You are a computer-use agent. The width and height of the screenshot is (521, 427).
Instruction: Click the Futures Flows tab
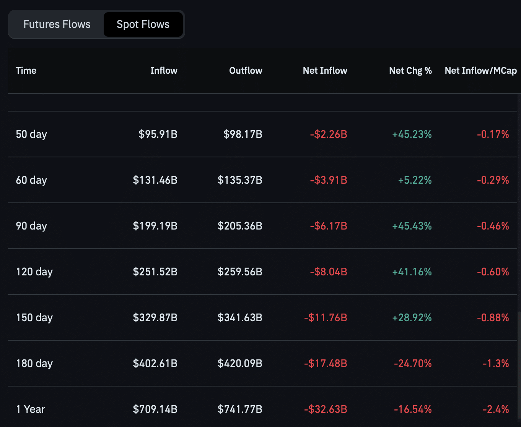click(57, 24)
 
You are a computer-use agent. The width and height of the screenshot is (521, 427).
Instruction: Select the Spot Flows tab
click(143, 24)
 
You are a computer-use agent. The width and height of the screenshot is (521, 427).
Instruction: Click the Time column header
click(26, 71)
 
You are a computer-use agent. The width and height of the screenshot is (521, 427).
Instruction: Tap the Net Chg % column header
click(410, 71)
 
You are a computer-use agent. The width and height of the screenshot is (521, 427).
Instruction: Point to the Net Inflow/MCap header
click(480, 71)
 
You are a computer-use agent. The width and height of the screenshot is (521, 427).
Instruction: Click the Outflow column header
click(246, 71)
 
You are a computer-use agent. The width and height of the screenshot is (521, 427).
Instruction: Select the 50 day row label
click(31, 134)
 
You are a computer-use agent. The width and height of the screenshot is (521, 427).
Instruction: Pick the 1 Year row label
click(31, 409)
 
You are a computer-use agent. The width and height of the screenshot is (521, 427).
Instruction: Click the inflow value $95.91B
click(158, 134)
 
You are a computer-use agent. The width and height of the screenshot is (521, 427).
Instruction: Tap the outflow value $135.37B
click(240, 180)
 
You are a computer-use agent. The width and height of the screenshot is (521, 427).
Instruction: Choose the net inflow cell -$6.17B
click(329, 226)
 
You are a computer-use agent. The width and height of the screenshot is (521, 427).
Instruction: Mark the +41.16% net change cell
click(412, 272)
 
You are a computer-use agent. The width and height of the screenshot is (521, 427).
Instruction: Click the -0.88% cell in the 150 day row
click(493, 318)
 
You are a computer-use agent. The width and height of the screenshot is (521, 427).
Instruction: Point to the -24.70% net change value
click(413, 364)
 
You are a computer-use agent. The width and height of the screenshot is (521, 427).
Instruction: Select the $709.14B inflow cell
click(155, 409)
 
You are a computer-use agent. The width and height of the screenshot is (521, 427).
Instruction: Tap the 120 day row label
click(34, 272)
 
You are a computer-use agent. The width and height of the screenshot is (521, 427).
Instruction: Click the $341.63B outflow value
click(240, 318)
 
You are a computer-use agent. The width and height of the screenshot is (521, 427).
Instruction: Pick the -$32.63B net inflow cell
click(326, 409)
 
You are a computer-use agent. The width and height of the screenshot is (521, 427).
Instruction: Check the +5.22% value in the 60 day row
click(415, 180)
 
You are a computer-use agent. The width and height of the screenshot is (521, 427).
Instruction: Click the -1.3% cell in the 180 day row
click(496, 364)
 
